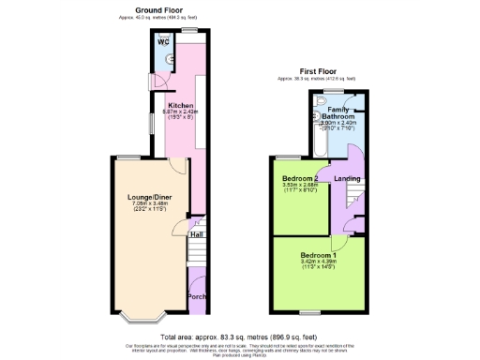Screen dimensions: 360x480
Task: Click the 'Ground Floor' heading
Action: pyautogui.click(x=157, y=9)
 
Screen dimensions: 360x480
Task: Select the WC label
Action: pyautogui.click(x=163, y=42)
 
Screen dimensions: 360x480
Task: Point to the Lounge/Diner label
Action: pyautogui.click(x=149, y=197)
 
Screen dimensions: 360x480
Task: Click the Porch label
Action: pyautogui.click(x=197, y=297)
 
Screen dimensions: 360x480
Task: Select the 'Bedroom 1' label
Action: pyautogui.click(x=319, y=255)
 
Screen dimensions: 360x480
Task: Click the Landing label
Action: pyautogui.click(x=348, y=178)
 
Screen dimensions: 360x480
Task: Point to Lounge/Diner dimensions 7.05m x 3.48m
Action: pyautogui.click(x=149, y=203)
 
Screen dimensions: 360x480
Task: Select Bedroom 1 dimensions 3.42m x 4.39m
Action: pyautogui.click(x=319, y=262)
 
